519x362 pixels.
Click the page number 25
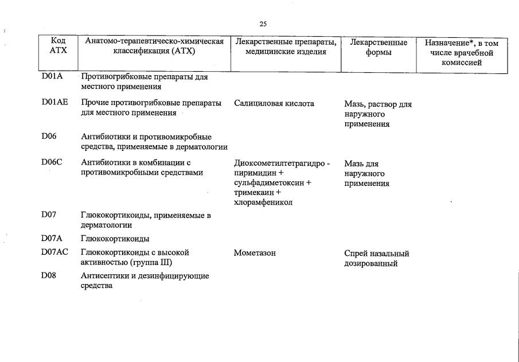click(263, 24)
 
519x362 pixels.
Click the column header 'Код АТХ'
click(58, 46)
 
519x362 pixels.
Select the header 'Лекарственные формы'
click(378, 47)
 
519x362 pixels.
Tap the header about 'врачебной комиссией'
click(462, 52)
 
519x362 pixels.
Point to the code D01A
click(52, 76)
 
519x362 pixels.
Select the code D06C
click(52, 162)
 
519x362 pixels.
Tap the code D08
click(49, 276)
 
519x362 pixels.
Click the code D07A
click(52, 238)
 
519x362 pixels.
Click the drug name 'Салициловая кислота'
click(274, 104)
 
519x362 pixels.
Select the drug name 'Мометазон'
click(255, 253)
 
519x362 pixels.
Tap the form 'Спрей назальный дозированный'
click(377, 258)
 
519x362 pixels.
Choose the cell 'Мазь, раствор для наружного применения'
click(378, 114)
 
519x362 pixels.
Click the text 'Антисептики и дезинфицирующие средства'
click(145, 281)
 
